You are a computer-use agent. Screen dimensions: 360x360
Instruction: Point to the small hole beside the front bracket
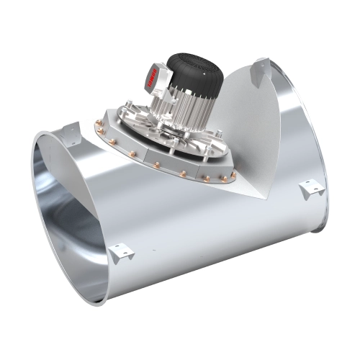pyautogui.click(x=153, y=252)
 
